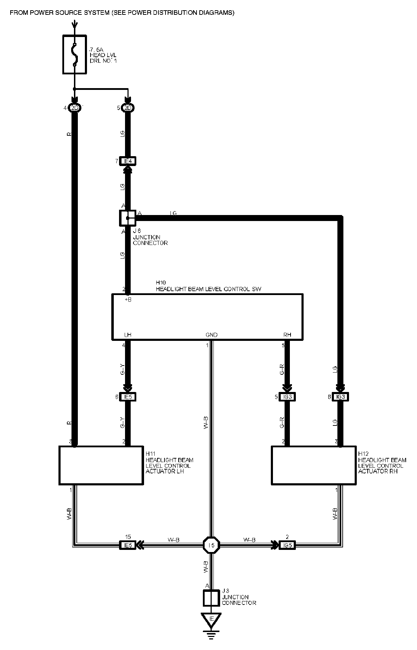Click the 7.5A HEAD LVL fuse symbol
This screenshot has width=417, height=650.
coord(74,54)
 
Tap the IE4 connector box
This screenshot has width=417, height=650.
coord(127,161)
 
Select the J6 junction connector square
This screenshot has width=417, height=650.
coord(127,218)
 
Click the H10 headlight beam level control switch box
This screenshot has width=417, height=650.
coord(207,317)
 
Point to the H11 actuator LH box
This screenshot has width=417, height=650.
coord(101,465)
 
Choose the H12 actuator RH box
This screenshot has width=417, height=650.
coord(313,465)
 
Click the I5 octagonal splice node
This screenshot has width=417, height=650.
coord(211,545)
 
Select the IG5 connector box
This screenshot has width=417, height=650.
coord(287,545)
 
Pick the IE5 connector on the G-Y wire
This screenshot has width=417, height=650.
coord(127,397)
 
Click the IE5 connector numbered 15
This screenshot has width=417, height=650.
coord(127,545)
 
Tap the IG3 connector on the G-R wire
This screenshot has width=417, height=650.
coord(287,397)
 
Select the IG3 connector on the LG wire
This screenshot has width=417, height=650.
coord(340,397)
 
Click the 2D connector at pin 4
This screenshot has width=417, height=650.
coord(74,108)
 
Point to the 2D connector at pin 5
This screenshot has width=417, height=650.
coord(127,108)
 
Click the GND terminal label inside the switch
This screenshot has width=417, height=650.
coord(211,335)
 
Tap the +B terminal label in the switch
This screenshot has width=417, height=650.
coord(128,299)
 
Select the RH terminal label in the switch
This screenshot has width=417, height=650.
coord(287,335)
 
